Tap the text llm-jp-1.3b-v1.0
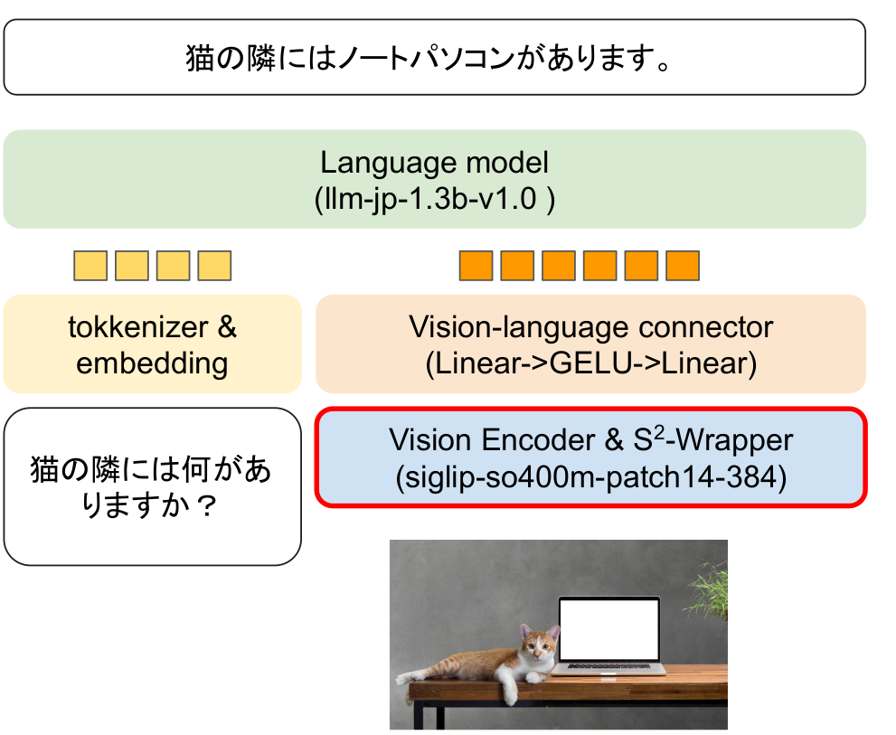click(x=434, y=196)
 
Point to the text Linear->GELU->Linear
click(x=590, y=363)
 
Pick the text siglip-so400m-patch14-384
click(x=590, y=476)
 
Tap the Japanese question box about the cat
click(x=152, y=486)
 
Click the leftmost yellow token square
click(x=90, y=266)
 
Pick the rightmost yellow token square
click(x=214, y=266)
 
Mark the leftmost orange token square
click(x=476, y=266)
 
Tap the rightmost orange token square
click(x=683, y=266)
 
